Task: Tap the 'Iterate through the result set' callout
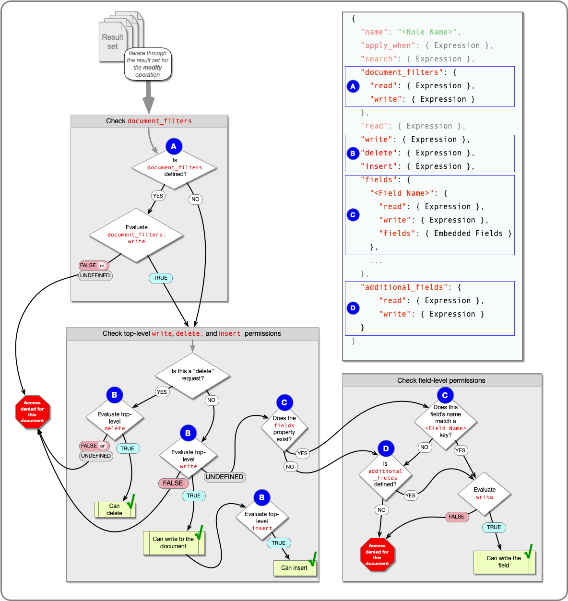[x=148, y=64]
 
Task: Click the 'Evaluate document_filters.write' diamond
[x=136, y=235]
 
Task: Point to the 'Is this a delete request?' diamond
[x=192, y=375]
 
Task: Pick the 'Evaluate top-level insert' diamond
[x=262, y=521]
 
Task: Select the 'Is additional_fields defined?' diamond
[x=386, y=475]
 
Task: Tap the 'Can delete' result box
[x=115, y=509]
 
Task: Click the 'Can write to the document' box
[x=174, y=542]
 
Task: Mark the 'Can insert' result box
[x=295, y=568]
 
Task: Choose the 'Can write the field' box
[x=504, y=562]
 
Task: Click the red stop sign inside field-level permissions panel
[x=378, y=554]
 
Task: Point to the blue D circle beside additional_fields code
[x=353, y=308]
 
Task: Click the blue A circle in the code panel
[x=353, y=86]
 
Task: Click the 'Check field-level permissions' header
[x=441, y=380]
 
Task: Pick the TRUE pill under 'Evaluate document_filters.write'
[x=161, y=278]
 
